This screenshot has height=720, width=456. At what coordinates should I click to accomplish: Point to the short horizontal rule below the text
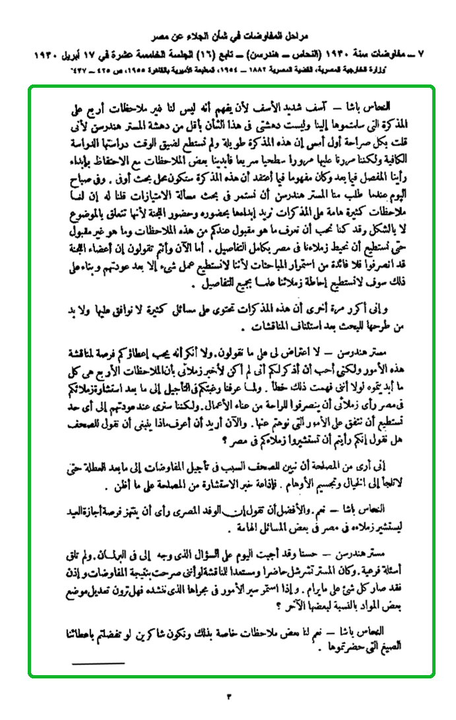pyautogui.click(x=98, y=663)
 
